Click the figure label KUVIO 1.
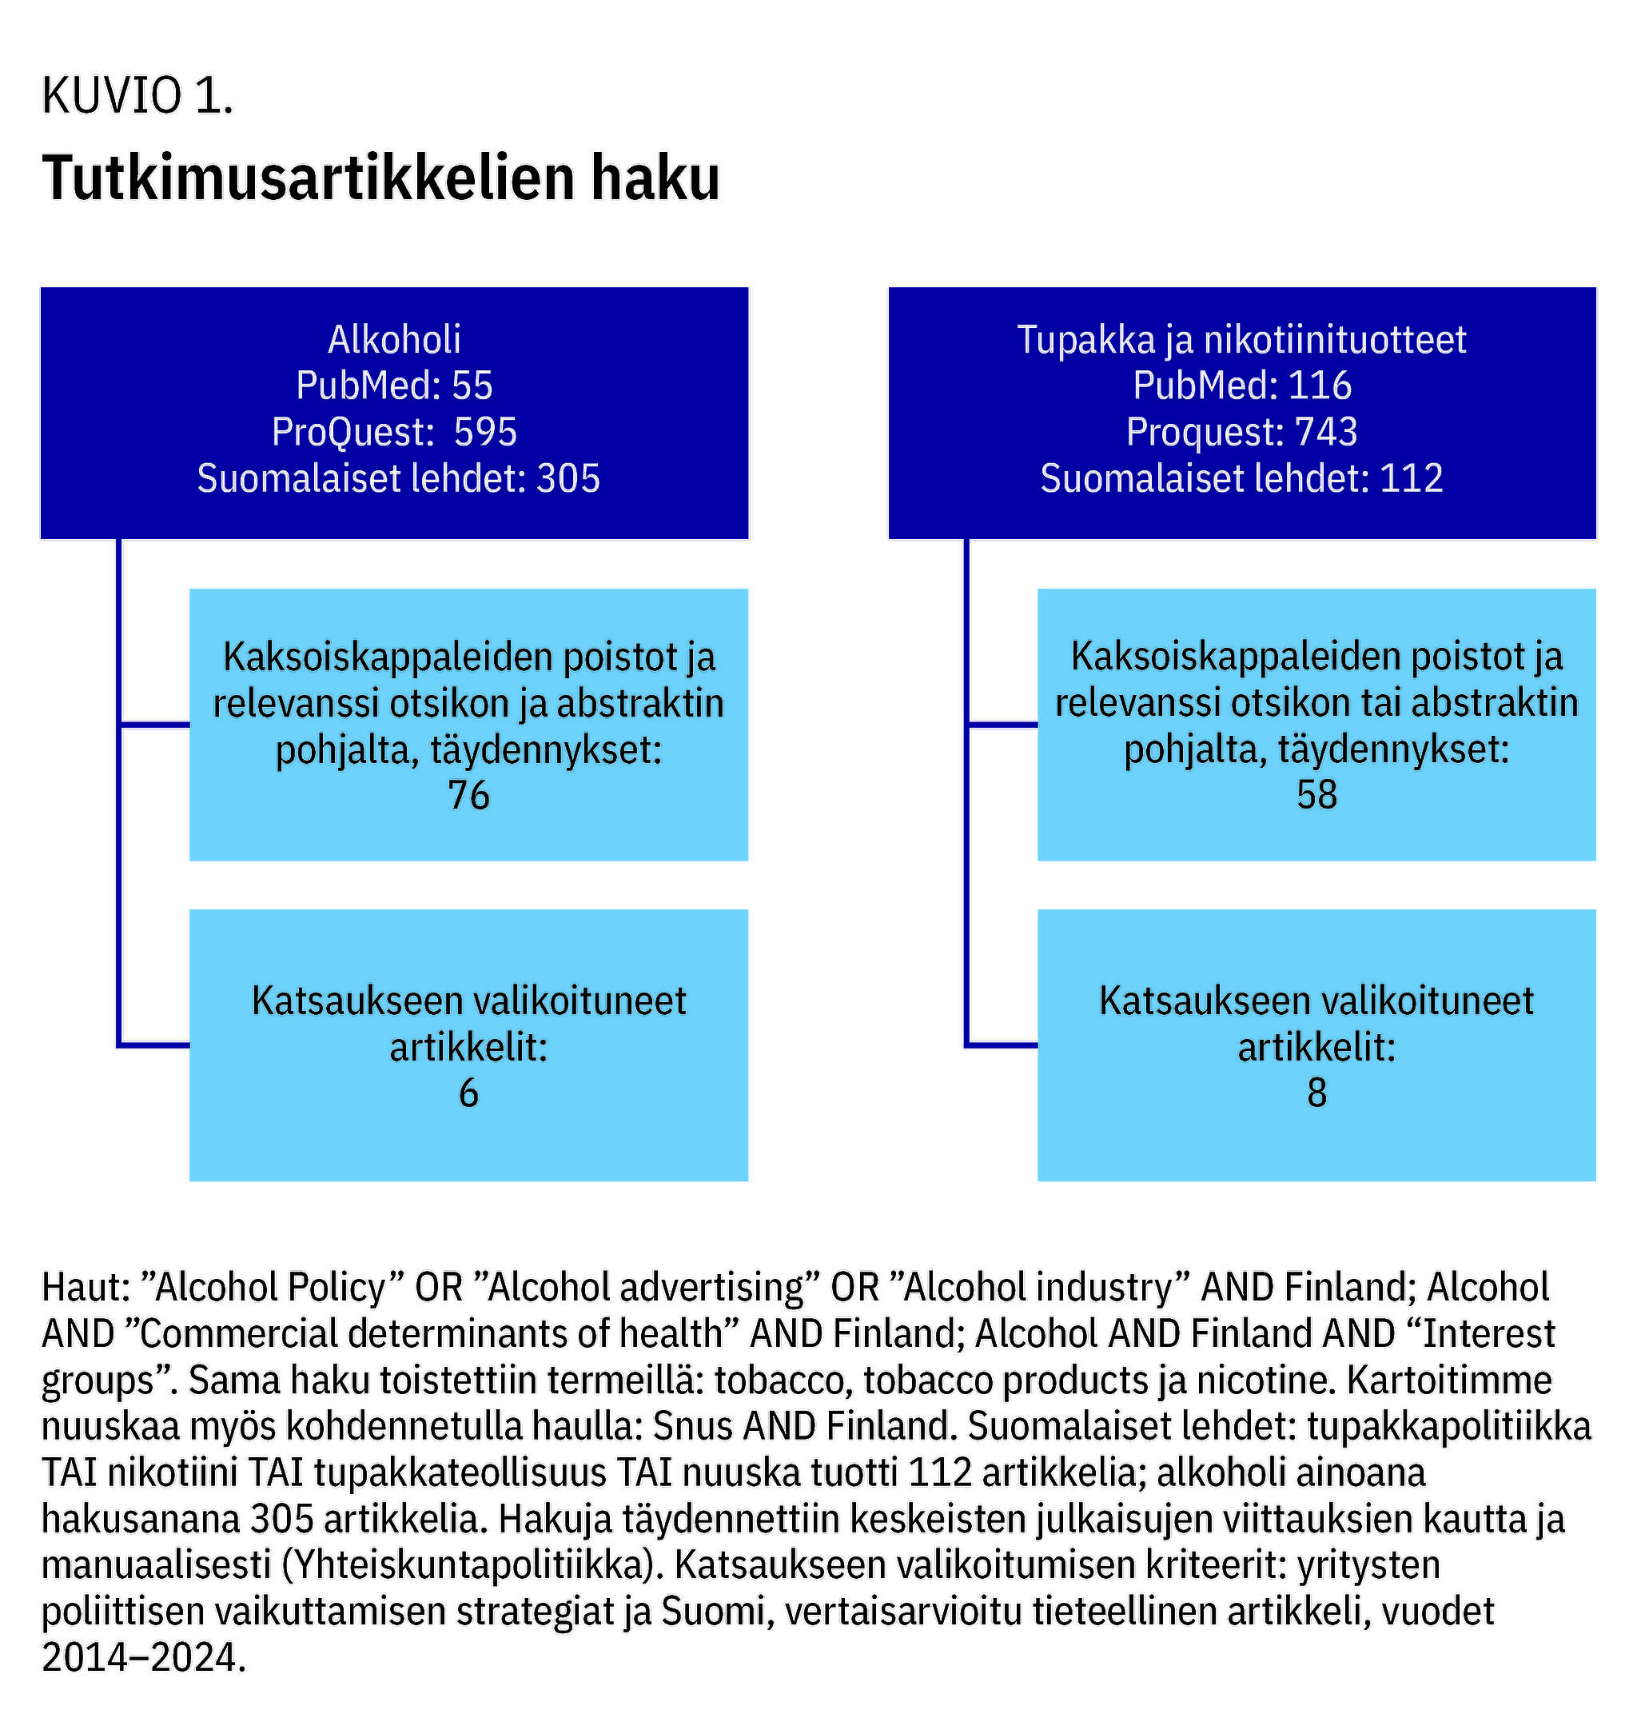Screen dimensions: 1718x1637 (x=137, y=95)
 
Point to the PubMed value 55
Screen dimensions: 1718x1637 (x=472, y=385)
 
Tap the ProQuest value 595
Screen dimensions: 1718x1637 (x=485, y=431)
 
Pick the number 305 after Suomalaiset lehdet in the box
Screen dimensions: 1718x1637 (x=568, y=477)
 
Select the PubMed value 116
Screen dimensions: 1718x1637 (x=1320, y=385)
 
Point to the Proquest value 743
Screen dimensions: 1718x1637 (x=1325, y=431)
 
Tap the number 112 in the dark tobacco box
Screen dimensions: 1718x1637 (x=1411, y=477)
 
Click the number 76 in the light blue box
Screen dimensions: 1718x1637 (x=468, y=794)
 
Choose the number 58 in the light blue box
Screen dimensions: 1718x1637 (x=1316, y=794)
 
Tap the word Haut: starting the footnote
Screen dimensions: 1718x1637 (x=86, y=1287)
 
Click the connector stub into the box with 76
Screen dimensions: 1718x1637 (x=154, y=724)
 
